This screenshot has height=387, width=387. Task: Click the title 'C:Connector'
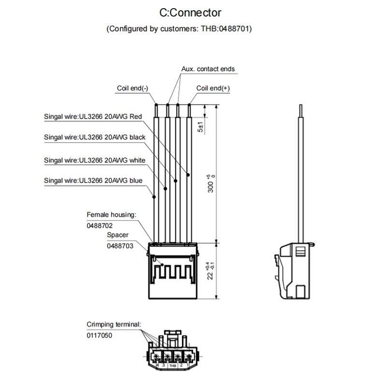click(x=190, y=13)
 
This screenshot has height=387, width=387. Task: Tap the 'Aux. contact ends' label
click(x=208, y=69)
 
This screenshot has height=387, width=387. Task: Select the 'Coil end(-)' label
click(x=133, y=88)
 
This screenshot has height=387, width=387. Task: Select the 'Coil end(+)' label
click(x=213, y=88)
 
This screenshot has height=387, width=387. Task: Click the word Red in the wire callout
click(x=136, y=117)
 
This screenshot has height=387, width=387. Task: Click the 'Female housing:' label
click(x=111, y=214)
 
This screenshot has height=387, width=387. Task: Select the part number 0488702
click(x=100, y=225)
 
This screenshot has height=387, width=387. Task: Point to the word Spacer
click(x=118, y=235)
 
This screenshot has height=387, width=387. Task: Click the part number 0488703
click(x=120, y=246)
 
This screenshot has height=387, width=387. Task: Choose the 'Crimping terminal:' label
click(x=114, y=324)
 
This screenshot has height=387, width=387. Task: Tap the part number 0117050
click(x=100, y=335)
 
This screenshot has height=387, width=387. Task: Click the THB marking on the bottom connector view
click(x=173, y=366)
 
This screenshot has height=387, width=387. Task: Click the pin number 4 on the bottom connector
click(x=150, y=365)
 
